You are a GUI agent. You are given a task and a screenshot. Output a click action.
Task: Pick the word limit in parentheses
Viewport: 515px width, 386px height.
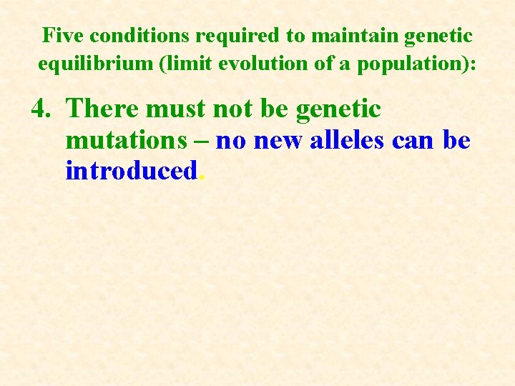coord(183,64)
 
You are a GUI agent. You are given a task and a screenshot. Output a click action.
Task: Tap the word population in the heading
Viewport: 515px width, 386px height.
coord(413,64)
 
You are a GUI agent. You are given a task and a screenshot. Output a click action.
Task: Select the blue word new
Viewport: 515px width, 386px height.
coord(279,141)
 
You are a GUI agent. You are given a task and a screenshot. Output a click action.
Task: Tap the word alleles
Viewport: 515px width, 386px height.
coord(348,140)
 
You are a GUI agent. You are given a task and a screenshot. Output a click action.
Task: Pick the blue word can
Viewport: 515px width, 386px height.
coord(414,142)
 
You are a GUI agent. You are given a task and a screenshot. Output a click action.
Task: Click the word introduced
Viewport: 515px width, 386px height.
coord(130,172)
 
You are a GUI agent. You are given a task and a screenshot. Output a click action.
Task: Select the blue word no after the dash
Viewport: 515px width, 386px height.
coord(230,142)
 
